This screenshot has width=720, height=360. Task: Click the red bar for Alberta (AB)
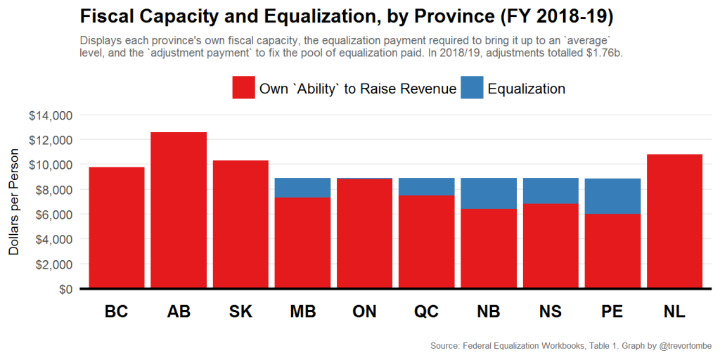179,210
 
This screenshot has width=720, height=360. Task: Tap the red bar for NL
674,221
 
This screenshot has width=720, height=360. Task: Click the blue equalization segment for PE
612,196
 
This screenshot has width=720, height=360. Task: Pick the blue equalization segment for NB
489,193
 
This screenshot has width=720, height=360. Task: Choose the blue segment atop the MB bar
302,188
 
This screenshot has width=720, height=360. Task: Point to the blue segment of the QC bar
426,186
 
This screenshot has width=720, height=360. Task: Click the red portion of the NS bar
551,245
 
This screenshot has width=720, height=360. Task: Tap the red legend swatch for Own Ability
243,89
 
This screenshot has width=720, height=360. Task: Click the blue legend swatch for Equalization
472,89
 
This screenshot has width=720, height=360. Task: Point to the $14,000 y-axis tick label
51,115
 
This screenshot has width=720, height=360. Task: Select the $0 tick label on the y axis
64,289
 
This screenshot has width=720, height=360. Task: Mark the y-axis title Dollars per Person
13,202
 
